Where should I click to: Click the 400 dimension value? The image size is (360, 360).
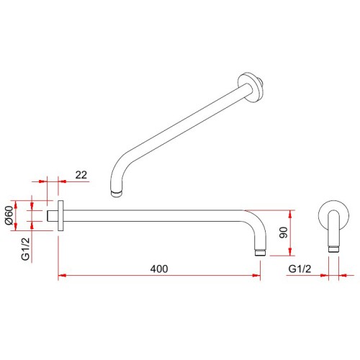tap(159, 269)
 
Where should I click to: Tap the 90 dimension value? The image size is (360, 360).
tap(284, 233)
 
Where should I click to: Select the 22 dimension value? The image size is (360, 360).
tap(81, 175)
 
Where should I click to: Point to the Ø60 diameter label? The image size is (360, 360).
tap(9, 215)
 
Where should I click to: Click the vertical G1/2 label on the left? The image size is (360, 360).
tap(25, 248)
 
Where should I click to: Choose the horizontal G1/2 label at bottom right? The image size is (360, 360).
tap(300, 269)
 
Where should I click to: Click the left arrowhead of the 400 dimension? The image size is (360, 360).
tap(62, 276)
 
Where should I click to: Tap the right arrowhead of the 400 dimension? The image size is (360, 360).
tap(256, 276)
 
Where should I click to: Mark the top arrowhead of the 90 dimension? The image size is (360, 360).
tap(291, 214)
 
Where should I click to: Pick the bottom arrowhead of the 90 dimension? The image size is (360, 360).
tap(291, 252)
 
